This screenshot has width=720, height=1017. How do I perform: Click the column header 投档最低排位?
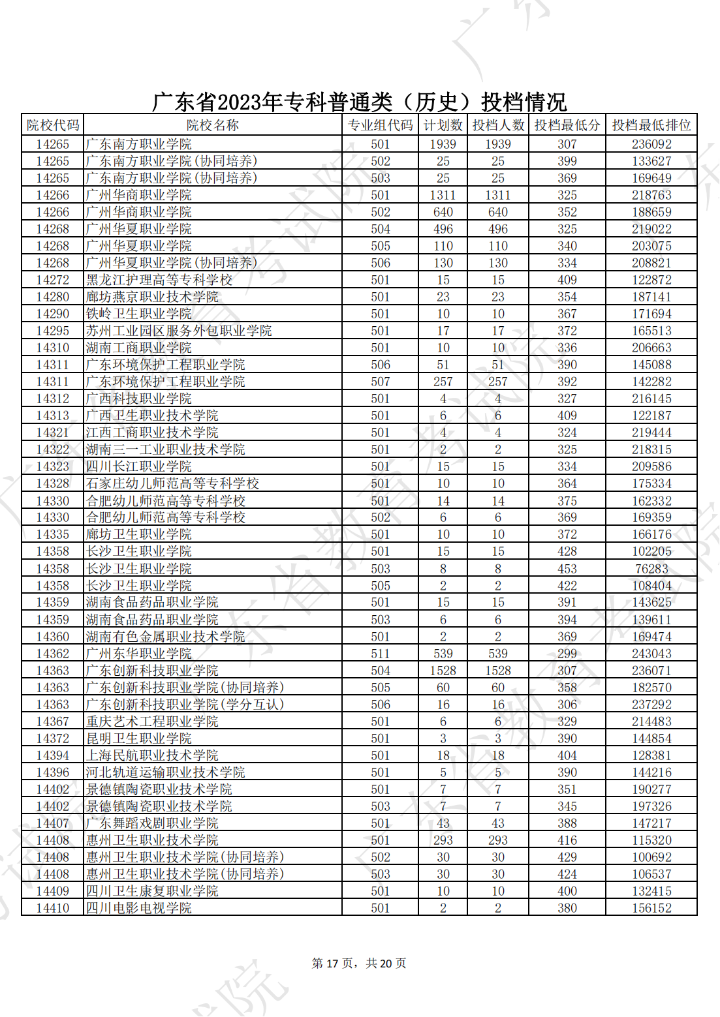[651, 125]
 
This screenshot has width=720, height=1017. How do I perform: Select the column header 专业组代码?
[380, 125]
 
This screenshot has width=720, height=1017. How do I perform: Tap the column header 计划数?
[443, 125]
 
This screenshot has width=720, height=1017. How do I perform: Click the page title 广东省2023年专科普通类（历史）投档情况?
[359, 102]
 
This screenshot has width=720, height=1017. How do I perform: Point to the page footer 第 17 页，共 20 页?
[359, 964]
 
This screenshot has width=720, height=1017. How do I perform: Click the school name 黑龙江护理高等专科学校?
[159, 280]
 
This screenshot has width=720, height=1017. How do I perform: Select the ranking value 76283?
[651, 569]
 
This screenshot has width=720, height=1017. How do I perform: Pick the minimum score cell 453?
[567, 569]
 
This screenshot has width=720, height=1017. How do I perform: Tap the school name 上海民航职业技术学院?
[152, 755]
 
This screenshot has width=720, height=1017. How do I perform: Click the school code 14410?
[52, 908]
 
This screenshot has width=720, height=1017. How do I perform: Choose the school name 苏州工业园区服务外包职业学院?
[179, 331]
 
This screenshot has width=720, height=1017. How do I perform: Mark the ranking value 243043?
[651, 654]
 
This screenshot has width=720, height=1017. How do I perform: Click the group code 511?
[380, 654]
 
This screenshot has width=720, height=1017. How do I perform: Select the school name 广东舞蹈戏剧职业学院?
[152, 823]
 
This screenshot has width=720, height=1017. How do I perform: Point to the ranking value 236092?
[651, 144]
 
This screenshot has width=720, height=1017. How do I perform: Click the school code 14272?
[52, 280]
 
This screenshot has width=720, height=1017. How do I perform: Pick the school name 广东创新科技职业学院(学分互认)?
[185, 705]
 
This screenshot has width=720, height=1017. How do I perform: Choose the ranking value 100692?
[651, 857]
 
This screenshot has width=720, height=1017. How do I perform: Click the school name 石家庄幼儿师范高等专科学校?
[172, 483]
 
